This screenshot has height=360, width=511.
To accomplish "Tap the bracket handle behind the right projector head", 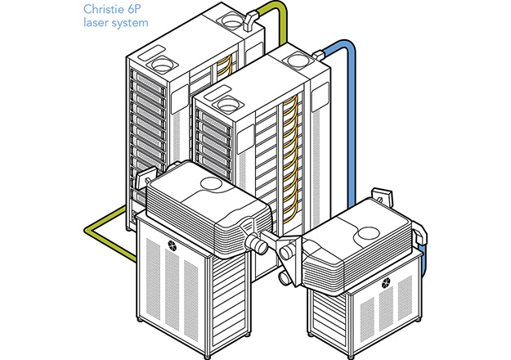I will [x=379, y=194].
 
